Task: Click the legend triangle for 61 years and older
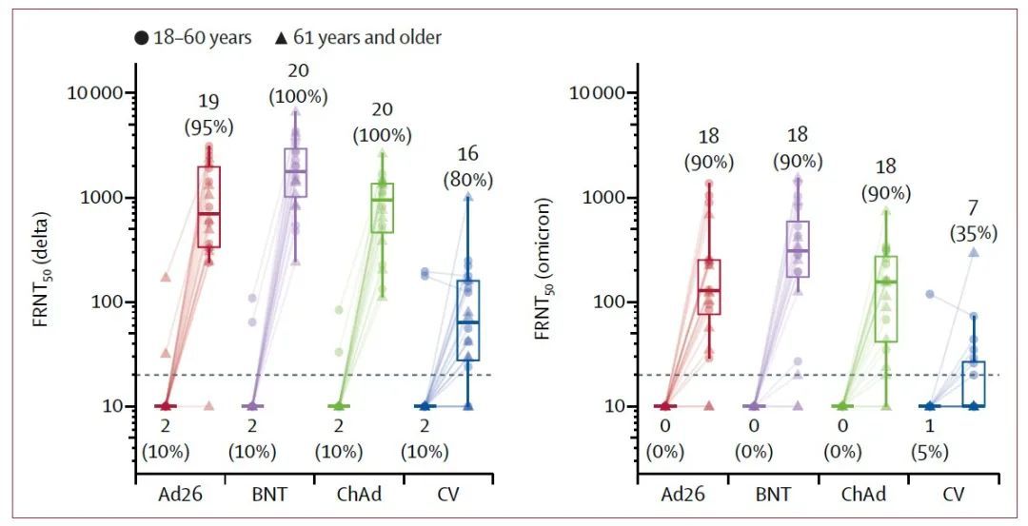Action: pos(281,38)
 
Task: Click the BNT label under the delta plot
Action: pos(269,495)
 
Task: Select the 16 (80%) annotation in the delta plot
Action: pos(468,166)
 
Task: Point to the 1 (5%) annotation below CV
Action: pos(929,439)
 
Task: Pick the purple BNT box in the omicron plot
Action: pos(798,249)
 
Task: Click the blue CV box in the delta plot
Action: pos(468,321)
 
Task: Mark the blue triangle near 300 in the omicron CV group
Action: pos(975,252)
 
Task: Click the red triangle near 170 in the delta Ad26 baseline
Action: pos(166,277)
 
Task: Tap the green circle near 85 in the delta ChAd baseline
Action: pos(339,310)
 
